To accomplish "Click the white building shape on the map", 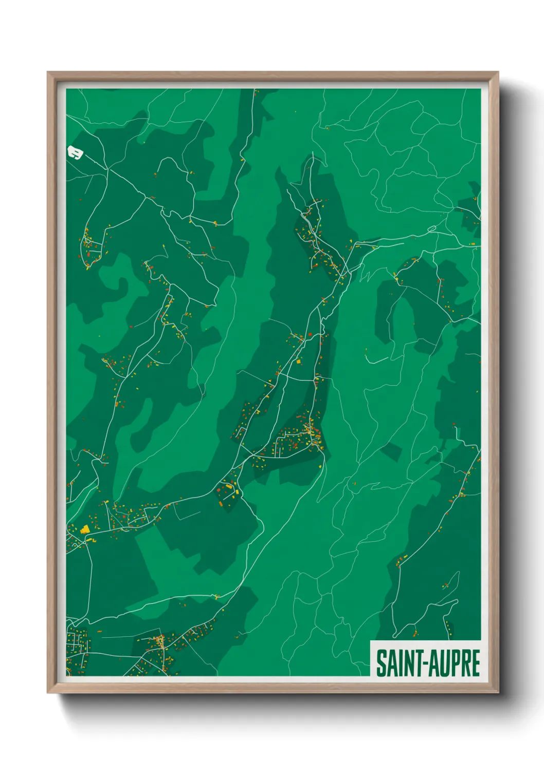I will click(x=75, y=153).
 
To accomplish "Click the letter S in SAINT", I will click(x=381, y=663).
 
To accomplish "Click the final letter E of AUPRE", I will click(x=475, y=663).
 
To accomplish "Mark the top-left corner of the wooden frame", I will click(x=48, y=72).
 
